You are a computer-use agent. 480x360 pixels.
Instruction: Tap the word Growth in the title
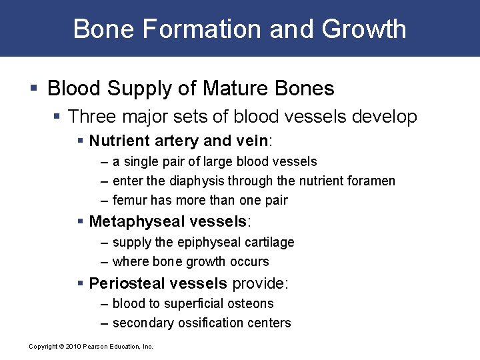pos(365,29)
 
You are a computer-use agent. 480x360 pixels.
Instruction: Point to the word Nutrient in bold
pos(118,141)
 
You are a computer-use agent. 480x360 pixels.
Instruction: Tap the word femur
pos(130,200)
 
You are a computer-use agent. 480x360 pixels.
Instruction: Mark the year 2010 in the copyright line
pos(73,346)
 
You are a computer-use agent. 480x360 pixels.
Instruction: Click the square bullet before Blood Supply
pos(35,89)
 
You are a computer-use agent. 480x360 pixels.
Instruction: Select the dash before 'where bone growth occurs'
pos(105,261)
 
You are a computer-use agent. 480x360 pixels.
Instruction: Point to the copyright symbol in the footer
pos(61,346)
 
